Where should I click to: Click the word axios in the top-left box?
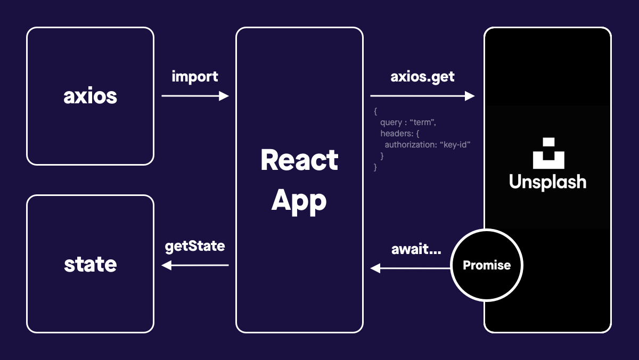click(90, 96)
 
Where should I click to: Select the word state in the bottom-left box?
click(90, 264)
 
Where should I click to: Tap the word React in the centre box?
click(299, 160)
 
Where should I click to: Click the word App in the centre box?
click(299, 201)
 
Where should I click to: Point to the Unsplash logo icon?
click(548, 153)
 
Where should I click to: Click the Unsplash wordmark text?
click(547, 182)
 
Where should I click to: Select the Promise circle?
click(487, 265)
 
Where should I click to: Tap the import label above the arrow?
click(195, 76)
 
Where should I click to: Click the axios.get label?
click(423, 76)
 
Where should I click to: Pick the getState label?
click(195, 246)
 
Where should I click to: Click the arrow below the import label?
click(195, 96)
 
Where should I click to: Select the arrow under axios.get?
click(422, 96)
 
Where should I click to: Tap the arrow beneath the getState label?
click(195, 265)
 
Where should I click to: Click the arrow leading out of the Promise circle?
click(411, 268)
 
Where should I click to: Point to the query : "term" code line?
click(408, 122)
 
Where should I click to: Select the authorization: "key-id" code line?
click(428, 144)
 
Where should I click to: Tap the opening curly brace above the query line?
click(376, 111)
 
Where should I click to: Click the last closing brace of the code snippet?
click(376, 167)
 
